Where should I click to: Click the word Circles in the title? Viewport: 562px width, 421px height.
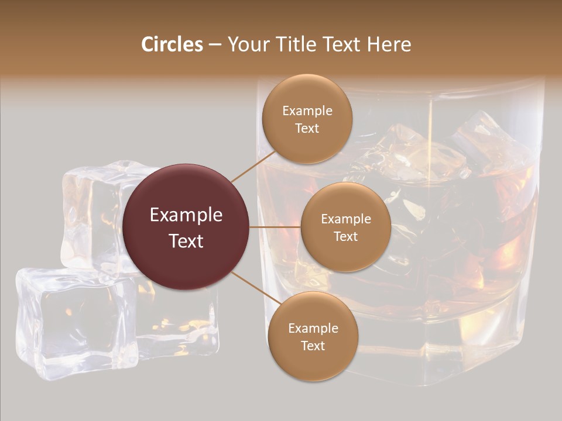[172, 44]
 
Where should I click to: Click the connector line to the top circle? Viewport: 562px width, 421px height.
[253, 167]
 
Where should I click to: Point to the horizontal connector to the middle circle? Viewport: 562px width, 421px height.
[275, 227]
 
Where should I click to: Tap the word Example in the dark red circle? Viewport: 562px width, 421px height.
[186, 215]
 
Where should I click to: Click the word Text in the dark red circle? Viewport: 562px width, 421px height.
[186, 241]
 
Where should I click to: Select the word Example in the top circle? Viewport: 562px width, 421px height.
[307, 111]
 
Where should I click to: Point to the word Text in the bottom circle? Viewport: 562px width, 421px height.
[313, 346]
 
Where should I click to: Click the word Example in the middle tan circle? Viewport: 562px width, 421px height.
[345, 219]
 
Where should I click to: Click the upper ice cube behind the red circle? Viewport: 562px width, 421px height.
[94, 210]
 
